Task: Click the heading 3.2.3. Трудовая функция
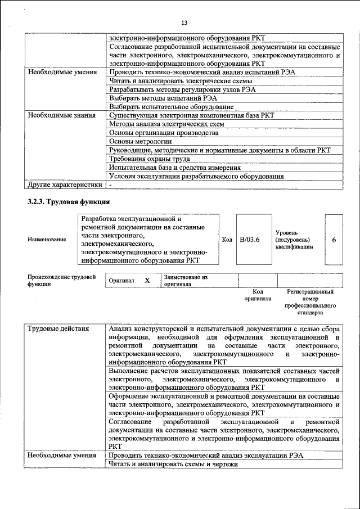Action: [69, 201]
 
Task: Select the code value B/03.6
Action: [249, 240]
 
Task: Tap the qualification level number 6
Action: [334, 240]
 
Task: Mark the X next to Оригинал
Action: [147, 280]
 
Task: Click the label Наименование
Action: [47, 240]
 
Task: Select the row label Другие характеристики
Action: [65, 184]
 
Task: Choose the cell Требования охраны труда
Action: [149, 159]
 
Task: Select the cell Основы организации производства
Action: [164, 133]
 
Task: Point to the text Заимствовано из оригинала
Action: [186, 281]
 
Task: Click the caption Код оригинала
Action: [258, 295]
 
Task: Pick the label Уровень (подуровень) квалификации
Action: [294, 240]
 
